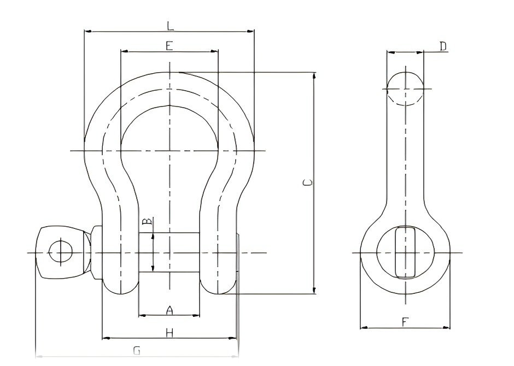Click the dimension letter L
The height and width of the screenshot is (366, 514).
(x=170, y=25)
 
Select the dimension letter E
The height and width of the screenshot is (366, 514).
(x=169, y=45)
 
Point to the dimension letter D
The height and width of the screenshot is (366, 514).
(x=443, y=46)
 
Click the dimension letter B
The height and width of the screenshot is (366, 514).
(x=146, y=222)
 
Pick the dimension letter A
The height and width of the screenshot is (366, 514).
(x=169, y=310)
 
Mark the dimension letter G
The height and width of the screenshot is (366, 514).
(x=137, y=351)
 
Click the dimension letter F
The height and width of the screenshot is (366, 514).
(x=404, y=322)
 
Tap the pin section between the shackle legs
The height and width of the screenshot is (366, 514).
(x=169, y=253)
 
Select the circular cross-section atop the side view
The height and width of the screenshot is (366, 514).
(x=405, y=87)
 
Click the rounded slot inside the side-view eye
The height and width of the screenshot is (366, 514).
(x=405, y=252)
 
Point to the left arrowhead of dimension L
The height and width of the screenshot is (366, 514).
(x=86, y=31)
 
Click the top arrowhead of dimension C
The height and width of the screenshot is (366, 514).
(x=314, y=75)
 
